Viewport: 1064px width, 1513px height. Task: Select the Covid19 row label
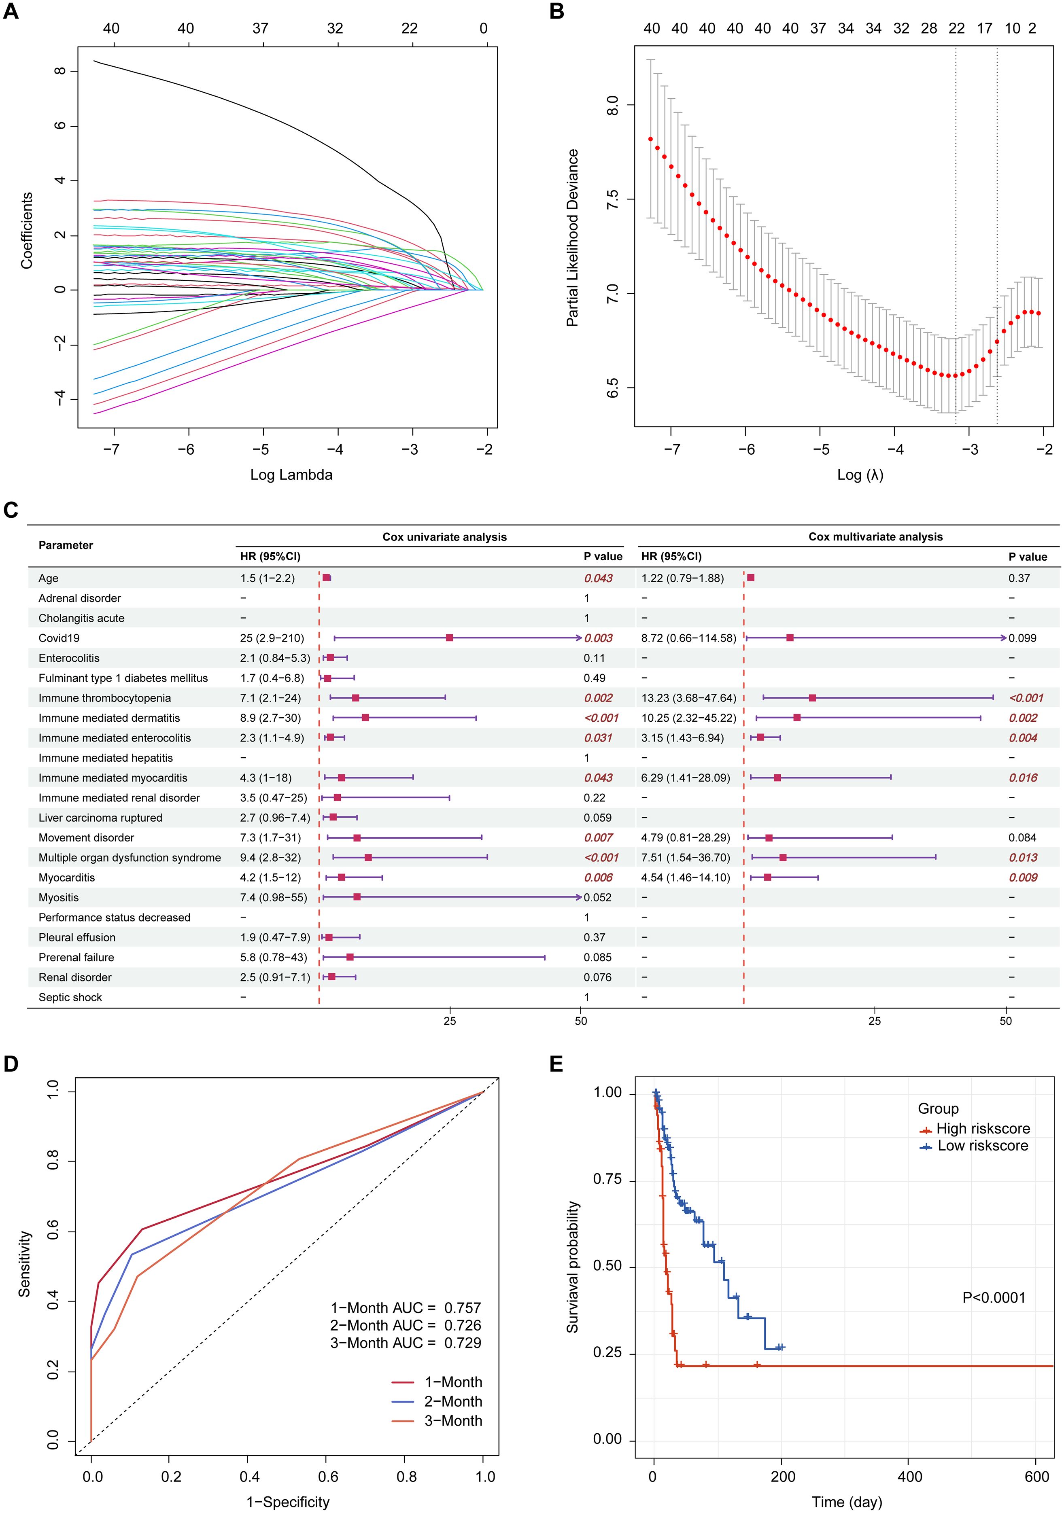point(59,638)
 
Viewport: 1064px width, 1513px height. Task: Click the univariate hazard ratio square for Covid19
point(450,638)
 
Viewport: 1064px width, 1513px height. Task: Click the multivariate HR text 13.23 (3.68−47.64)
point(688,698)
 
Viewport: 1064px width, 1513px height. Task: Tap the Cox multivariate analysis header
point(875,537)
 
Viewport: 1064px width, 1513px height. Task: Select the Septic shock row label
point(70,997)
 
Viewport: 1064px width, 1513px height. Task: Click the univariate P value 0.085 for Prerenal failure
point(597,957)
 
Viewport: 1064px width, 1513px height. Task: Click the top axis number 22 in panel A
point(410,28)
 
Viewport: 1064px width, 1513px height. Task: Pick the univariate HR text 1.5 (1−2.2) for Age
point(267,578)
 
